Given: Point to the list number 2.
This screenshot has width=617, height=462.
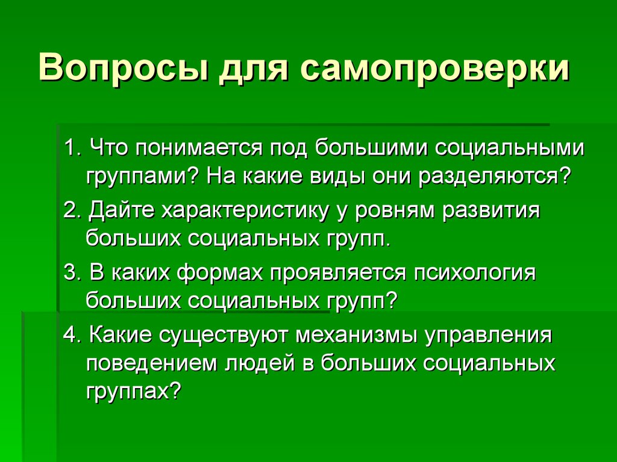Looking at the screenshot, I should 72,212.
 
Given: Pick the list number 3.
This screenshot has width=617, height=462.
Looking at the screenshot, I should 72,273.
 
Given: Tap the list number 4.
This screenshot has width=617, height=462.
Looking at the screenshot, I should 72,336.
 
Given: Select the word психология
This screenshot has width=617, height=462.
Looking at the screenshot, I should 474,273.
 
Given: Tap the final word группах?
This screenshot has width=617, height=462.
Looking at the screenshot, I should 133,391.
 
